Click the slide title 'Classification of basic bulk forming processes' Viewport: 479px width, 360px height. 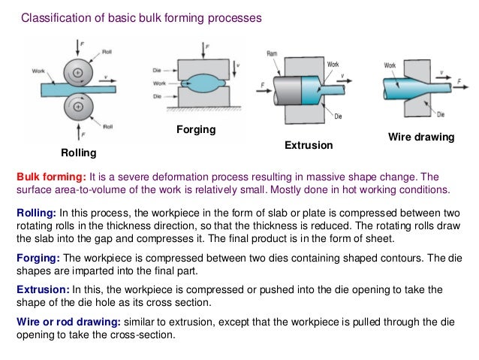(140, 17)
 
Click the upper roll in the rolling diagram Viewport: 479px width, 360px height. (79, 72)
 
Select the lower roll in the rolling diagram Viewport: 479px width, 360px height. (79, 104)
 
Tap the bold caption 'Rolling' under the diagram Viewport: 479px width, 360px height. (79, 153)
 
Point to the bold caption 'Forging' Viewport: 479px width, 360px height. (196, 130)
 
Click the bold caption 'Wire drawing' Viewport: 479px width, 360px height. (421, 138)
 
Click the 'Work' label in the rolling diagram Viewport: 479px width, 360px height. (38, 71)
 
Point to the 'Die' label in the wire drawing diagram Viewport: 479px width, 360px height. (441, 114)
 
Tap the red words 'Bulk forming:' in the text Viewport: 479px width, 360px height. (49, 176)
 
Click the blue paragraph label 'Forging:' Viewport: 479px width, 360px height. (38, 257)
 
